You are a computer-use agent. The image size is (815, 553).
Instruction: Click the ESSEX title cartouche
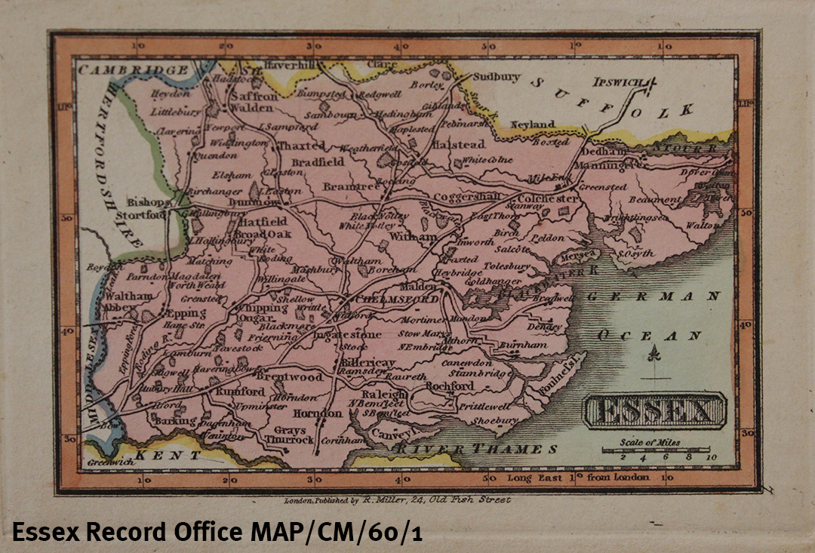click(x=654, y=411)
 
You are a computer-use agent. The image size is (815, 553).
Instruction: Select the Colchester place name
click(x=549, y=198)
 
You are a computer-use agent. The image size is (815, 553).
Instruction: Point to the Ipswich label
click(x=617, y=81)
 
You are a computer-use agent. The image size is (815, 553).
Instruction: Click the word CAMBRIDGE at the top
click(x=134, y=70)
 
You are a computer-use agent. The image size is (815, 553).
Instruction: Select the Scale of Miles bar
click(x=657, y=450)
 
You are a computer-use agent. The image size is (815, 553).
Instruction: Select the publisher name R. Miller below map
click(x=385, y=499)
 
